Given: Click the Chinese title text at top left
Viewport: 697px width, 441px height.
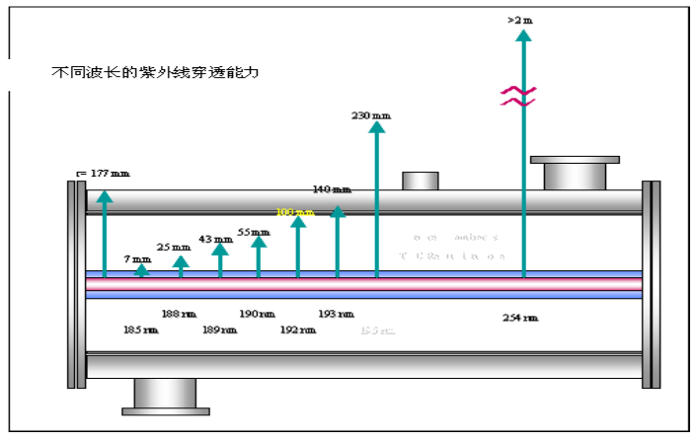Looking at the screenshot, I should pos(157,72).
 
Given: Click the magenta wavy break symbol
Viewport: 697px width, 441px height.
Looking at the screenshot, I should pos(520,96).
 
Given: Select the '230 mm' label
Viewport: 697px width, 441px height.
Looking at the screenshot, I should pos(371,115).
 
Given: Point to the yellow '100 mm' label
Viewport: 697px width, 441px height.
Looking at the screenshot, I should pos(294,211).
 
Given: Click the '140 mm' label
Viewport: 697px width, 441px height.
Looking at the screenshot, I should pos(332,188).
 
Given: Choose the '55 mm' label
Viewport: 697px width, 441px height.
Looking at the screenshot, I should pos(254,232).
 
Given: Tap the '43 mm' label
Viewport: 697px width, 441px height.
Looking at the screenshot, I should pos(215,239).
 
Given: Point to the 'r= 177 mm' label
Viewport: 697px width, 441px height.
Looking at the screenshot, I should pos(103,174).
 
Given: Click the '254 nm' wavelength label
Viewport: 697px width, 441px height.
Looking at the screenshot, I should pos(520,318).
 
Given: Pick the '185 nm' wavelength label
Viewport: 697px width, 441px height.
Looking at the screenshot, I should pos(140,330).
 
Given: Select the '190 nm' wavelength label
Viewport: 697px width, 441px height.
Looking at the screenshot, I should pos(257,314).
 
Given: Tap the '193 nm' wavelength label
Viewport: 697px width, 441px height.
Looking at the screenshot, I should pos(336,314).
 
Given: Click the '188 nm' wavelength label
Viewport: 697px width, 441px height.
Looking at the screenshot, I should pos(179,314).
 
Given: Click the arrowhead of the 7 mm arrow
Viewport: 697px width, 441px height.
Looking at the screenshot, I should pos(142,269).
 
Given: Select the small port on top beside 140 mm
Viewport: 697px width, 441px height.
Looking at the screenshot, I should pos(420,181).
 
